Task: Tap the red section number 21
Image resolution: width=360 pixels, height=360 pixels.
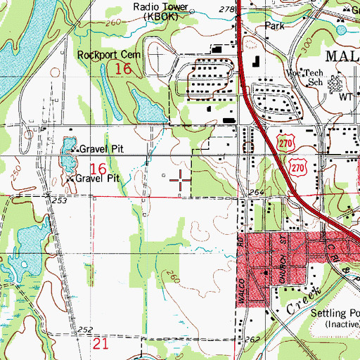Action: click(100, 342)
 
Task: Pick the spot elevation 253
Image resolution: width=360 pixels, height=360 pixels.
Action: click(60, 201)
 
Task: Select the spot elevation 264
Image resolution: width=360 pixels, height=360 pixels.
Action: click(255, 193)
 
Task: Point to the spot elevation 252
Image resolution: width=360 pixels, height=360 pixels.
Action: click(86, 330)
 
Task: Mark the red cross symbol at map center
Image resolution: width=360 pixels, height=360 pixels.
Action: click(181, 180)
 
